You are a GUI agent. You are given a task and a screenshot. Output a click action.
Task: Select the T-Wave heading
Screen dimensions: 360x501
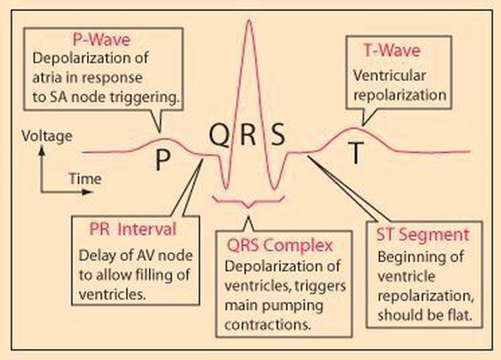393,52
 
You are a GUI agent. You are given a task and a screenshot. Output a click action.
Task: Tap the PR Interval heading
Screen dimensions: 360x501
130,229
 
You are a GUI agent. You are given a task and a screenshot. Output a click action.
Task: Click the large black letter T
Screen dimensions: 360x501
356,153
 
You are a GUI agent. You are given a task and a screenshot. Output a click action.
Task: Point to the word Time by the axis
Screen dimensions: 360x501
85,179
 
